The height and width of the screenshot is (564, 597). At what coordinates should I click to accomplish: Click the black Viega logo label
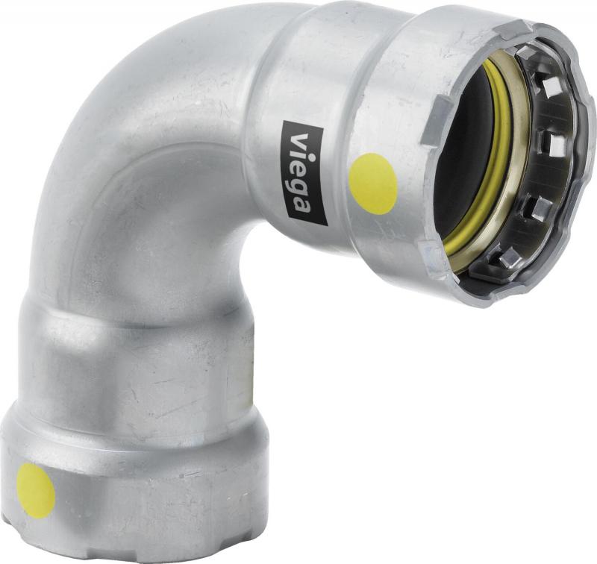(x=304, y=173)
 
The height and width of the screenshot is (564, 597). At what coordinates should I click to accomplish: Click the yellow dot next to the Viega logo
(x=373, y=184)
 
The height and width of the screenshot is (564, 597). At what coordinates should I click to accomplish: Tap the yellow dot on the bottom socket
(x=36, y=490)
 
